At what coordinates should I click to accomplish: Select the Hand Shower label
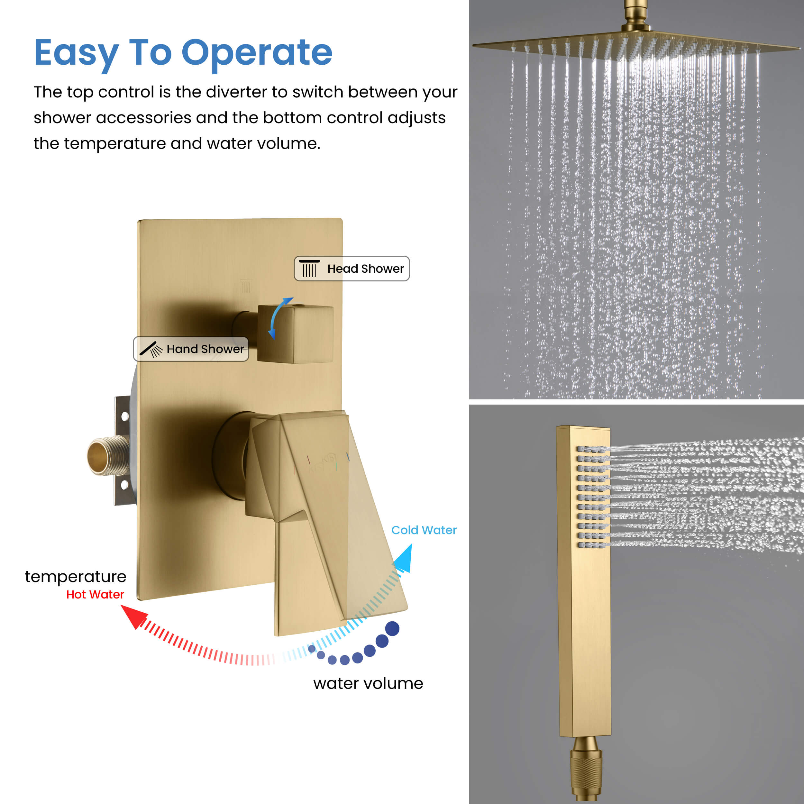tap(191, 349)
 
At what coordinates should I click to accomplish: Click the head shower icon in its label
tap(309, 269)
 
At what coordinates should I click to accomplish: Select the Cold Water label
tap(424, 530)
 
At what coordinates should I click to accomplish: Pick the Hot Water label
tap(95, 594)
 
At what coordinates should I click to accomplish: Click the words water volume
tap(368, 683)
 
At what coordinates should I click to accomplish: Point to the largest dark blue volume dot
tap(392, 628)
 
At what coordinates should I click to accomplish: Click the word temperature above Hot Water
tap(76, 577)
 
